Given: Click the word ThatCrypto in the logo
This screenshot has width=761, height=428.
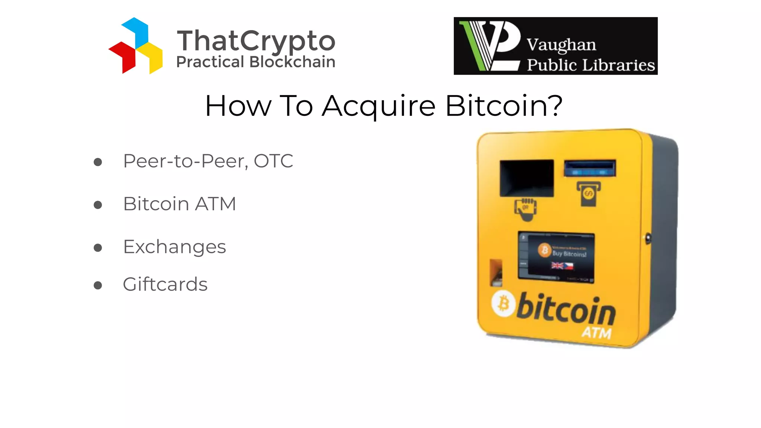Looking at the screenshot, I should click(256, 41).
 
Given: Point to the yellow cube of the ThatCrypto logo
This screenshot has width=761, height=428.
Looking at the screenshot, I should click(152, 58).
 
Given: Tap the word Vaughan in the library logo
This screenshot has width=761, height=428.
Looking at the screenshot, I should click(561, 45).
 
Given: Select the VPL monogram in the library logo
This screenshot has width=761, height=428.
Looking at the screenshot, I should click(490, 46).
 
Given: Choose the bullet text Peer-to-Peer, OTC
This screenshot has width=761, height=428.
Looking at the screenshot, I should click(208, 161).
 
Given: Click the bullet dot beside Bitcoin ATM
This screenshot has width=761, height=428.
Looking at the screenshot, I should click(98, 205).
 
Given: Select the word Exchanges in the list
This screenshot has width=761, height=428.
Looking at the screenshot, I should click(174, 247).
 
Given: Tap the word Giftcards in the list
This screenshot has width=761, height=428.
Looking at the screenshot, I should click(165, 285).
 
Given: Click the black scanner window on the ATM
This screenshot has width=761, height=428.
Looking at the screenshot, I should click(527, 178).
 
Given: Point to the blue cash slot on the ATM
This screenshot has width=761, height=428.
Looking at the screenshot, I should click(590, 168).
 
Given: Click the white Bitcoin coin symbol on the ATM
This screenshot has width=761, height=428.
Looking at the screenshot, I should click(503, 304).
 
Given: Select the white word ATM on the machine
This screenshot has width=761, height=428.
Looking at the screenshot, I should click(596, 332).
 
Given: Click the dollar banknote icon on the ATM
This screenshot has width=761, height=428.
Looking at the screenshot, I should click(589, 193).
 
